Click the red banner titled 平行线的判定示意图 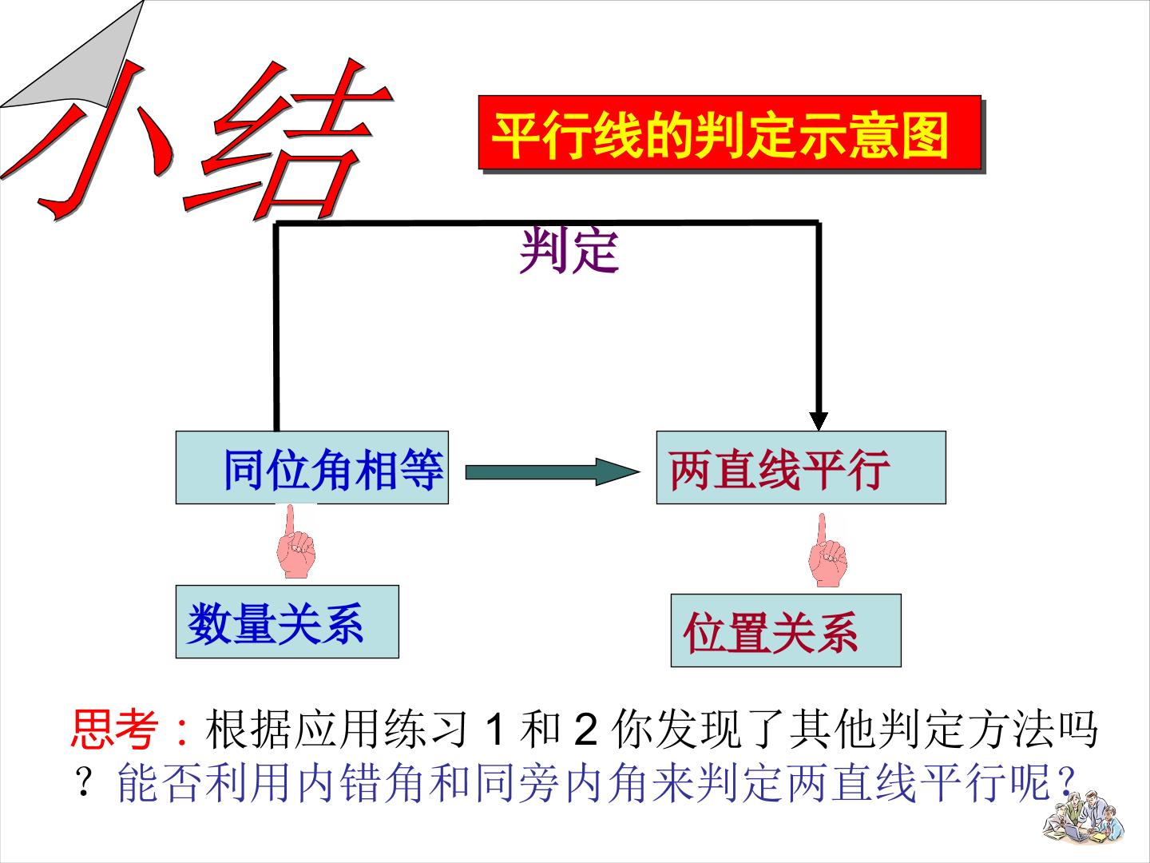729,133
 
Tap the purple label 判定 569,250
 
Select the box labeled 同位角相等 311,467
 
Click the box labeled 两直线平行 801,467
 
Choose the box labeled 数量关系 287,622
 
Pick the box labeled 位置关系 786,630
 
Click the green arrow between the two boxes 553,472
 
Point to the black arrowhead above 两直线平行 819,421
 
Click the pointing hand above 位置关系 827,551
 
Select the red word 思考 113,728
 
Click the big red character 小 89,139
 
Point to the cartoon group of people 1084,817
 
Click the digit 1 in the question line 494,730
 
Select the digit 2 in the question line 585,730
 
